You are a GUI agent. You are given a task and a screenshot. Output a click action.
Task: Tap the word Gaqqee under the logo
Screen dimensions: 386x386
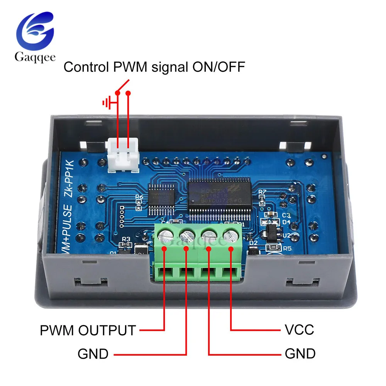click(35, 58)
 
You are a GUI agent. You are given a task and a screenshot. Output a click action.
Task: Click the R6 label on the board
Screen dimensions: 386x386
click(139, 197)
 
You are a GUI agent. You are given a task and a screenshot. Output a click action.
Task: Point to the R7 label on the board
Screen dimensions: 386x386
click(262, 192)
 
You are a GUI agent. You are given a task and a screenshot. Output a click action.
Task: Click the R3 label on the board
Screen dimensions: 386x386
click(126, 239)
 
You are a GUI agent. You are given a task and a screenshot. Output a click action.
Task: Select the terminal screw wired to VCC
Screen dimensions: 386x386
click(230, 235)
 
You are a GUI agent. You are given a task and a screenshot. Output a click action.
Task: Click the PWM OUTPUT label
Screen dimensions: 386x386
click(88, 330)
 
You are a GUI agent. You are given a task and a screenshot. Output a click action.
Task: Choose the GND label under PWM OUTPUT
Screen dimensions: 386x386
click(93, 354)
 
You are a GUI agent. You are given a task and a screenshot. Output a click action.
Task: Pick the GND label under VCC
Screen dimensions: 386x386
click(300, 354)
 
